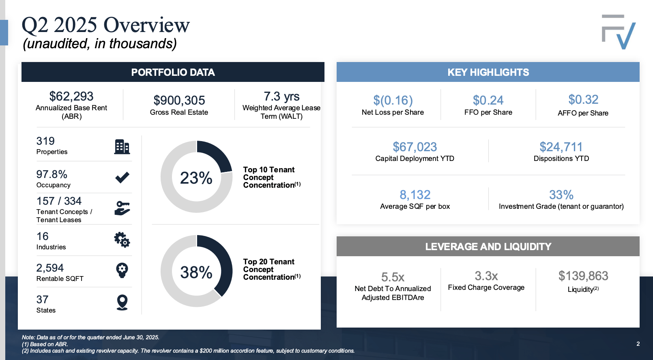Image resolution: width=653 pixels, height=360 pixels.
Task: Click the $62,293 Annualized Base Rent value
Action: [x=71, y=96]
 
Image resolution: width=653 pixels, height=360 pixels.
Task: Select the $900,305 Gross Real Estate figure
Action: [x=179, y=101]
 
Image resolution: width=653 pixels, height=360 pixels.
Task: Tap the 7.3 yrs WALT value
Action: [x=281, y=96]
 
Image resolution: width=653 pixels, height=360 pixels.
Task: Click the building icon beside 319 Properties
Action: [x=122, y=146]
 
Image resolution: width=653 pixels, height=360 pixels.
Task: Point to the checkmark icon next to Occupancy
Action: [x=122, y=177]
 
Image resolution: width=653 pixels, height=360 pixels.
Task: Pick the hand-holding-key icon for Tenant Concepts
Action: [x=122, y=208]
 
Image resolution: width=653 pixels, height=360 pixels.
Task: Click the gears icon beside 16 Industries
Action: [x=122, y=240]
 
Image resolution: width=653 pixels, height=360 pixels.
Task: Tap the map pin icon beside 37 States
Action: [x=122, y=302]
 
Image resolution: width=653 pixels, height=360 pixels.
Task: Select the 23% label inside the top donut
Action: [x=196, y=178]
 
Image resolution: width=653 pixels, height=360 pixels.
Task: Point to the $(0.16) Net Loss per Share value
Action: [x=393, y=101]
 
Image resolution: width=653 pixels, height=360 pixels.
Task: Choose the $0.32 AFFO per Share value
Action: [x=583, y=100]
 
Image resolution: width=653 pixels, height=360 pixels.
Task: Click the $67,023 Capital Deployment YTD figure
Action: [x=415, y=147]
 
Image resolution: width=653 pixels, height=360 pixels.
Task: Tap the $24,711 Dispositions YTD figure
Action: [x=561, y=147]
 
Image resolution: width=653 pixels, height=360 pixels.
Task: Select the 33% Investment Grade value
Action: [x=561, y=195]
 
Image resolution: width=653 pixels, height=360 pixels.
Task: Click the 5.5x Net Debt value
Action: [x=393, y=277]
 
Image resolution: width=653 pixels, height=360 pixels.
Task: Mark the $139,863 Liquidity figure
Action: [x=583, y=276]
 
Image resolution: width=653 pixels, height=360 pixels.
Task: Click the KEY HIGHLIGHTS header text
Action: [x=488, y=73]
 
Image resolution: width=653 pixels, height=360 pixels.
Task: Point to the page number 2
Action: [x=638, y=344]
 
